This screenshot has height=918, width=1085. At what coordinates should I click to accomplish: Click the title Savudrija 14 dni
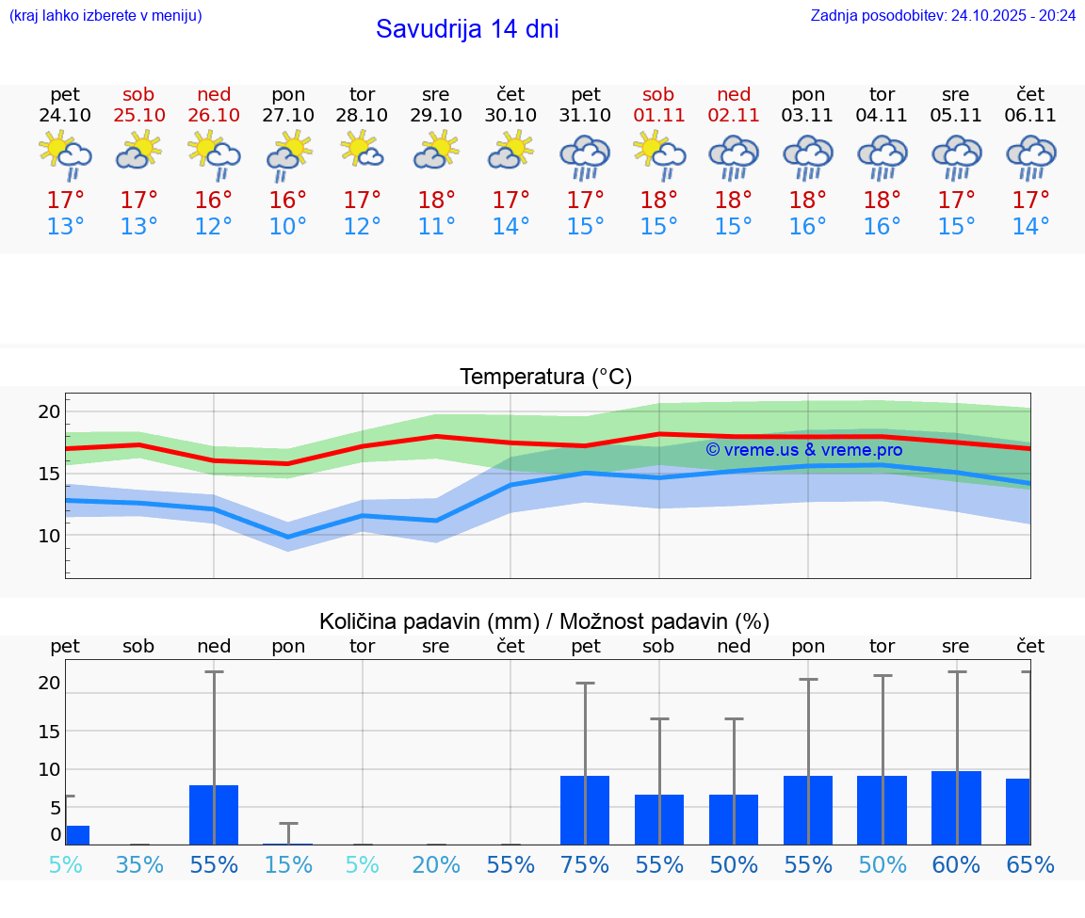(467, 29)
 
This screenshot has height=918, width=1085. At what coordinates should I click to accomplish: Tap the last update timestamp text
(943, 15)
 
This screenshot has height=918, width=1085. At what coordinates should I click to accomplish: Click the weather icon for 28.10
(362, 151)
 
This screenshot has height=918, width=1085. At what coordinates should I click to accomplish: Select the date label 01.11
(658, 116)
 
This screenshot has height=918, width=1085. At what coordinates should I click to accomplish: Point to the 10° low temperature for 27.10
(287, 227)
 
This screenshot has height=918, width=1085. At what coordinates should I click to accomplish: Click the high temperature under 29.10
(436, 201)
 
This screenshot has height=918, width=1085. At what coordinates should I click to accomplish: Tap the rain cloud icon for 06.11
(1030, 156)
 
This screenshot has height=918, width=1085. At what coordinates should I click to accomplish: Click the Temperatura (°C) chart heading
(545, 378)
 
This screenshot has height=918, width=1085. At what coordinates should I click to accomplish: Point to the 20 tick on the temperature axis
(49, 411)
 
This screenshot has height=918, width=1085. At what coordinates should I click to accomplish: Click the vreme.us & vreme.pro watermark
(803, 450)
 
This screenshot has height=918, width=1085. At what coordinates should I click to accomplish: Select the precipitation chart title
(544, 621)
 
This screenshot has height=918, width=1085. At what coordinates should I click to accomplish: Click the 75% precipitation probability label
(585, 865)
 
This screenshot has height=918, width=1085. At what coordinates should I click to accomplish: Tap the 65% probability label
(1030, 865)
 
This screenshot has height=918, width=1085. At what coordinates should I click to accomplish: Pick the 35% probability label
(139, 865)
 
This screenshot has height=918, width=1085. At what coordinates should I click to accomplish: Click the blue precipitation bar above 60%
(956, 808)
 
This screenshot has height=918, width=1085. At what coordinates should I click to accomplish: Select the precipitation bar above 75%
(585, 810)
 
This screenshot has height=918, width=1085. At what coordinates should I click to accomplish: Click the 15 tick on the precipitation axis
(49, 731)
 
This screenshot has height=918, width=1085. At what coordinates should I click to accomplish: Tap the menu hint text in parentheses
(105, 15)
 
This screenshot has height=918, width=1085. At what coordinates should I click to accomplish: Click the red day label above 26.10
(214, 94)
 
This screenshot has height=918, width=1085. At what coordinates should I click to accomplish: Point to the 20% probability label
(436, 865)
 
